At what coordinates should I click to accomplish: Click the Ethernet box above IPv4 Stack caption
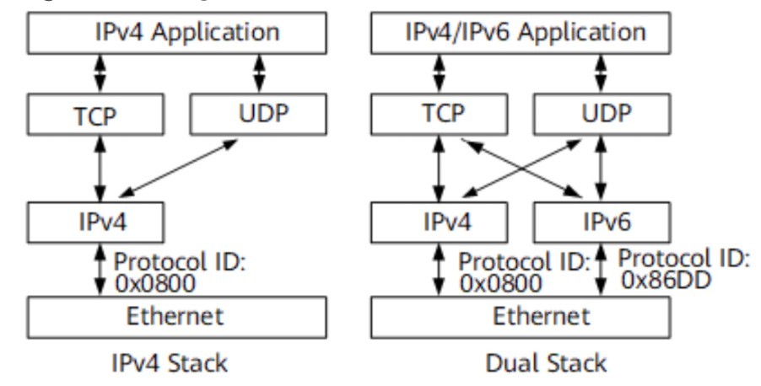(176, 317)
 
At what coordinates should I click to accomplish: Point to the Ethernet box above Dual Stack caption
(521, 317)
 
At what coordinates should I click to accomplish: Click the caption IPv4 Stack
(170, 363)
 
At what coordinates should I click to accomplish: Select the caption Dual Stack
(546, 363)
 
